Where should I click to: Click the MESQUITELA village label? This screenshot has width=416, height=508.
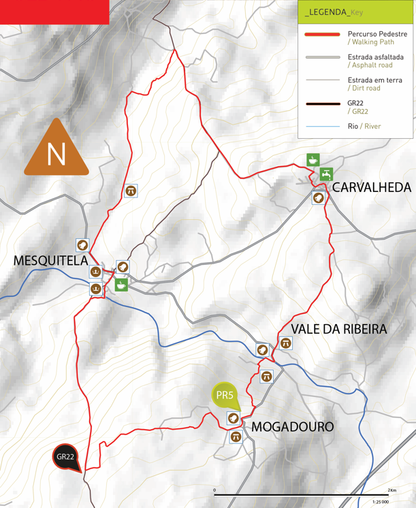[x=50, y=260]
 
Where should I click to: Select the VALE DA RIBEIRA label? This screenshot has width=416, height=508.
[x=338, y=329]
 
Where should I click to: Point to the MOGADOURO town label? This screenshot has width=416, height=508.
[x=293, y=427]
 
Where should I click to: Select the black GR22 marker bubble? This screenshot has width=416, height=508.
[x=66, y=457]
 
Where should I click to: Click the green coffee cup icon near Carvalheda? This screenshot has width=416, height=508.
[x=313, y=160]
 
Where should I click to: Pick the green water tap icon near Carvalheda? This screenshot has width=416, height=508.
[x=326, y=174]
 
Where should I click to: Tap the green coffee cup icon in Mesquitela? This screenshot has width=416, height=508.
[x=121, y=285]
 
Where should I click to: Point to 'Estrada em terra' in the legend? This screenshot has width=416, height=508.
[x=374, y=80]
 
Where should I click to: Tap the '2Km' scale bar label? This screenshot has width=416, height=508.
[x=392, y=490]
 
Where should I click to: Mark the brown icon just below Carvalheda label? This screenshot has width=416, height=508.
[x=317, y=197]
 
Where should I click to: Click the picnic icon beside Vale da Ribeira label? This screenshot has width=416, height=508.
[x=285, y=343]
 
